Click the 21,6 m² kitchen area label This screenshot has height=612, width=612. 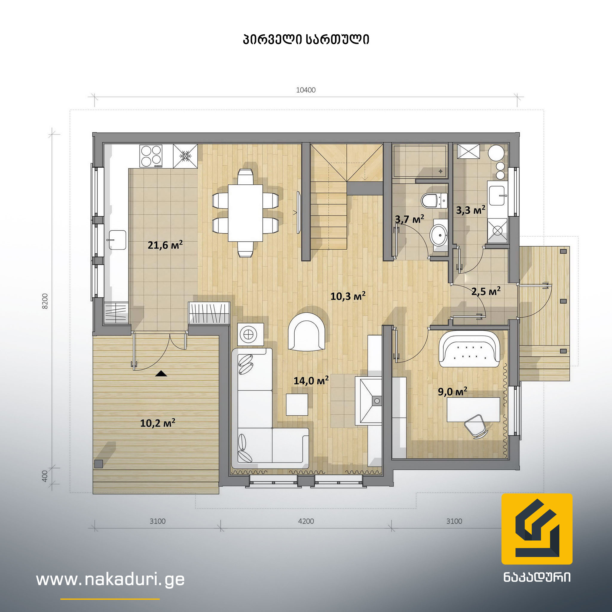click(165, 245)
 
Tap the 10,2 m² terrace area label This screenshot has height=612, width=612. click(158, 423)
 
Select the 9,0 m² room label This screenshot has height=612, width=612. click(453, 391)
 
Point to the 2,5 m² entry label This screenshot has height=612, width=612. click(486, 291)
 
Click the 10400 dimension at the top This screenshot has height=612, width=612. click(306, 90)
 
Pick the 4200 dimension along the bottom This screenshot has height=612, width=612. click(306, 521)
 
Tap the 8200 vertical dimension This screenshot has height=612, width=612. click(45, 301)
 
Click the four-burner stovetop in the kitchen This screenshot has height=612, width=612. click(151, 156)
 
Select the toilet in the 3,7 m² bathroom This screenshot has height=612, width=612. click(434, 201)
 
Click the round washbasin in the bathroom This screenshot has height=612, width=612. click(438, 235)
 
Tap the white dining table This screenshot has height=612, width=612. click(245, 213)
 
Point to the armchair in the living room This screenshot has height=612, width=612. click(306, 331)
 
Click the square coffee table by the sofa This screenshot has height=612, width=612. click(297, 405)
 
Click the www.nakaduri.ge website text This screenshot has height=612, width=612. click(110, 579)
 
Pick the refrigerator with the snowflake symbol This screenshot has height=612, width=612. click(185, 156)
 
